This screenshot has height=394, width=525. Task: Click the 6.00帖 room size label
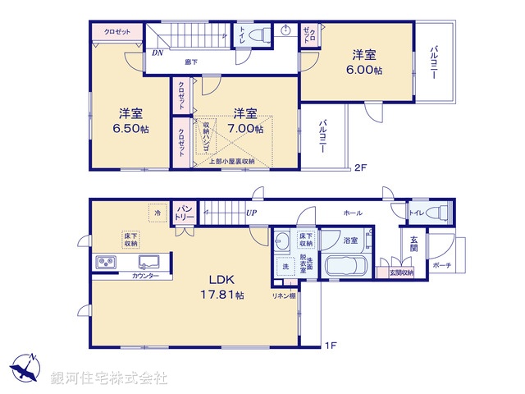(x=367, y=71)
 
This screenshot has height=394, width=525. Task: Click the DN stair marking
(x=157, y=52)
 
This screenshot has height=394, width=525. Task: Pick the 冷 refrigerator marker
(x=157, y=213)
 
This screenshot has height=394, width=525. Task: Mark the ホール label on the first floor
(x=353, y=213)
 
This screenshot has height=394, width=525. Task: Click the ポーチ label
(x=441, y=266)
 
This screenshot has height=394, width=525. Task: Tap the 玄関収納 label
(x=401, y=273)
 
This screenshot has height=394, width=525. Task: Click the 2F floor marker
(x=360, y=168)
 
